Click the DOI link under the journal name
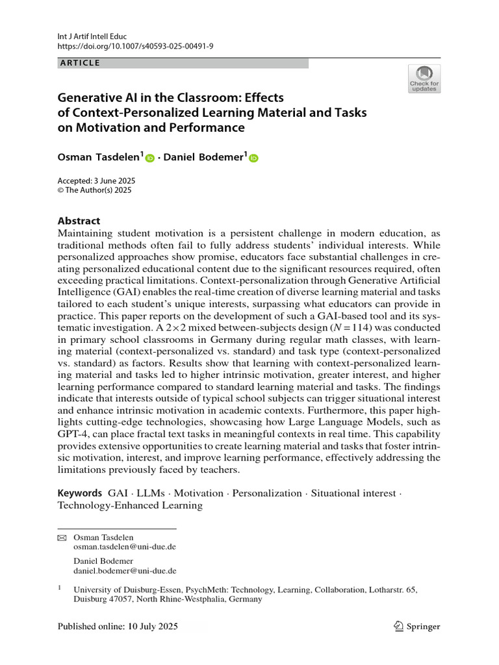tap(135, 47)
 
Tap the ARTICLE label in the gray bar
tap(79, 63)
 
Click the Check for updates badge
tap(424, 79)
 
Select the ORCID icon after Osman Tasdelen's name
tap(150, 158)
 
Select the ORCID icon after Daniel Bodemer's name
tap(253, 158)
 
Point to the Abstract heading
tap(79, 220)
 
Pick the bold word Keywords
tap(79, 493)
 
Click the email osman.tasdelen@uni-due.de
tap(125, 547)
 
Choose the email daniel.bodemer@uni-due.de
tap(125, 571)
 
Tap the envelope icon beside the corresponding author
tap(62, 538)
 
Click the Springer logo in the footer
tap(416, 627)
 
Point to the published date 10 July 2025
tap(149, 627)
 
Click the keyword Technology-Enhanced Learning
tap(131, 505)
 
